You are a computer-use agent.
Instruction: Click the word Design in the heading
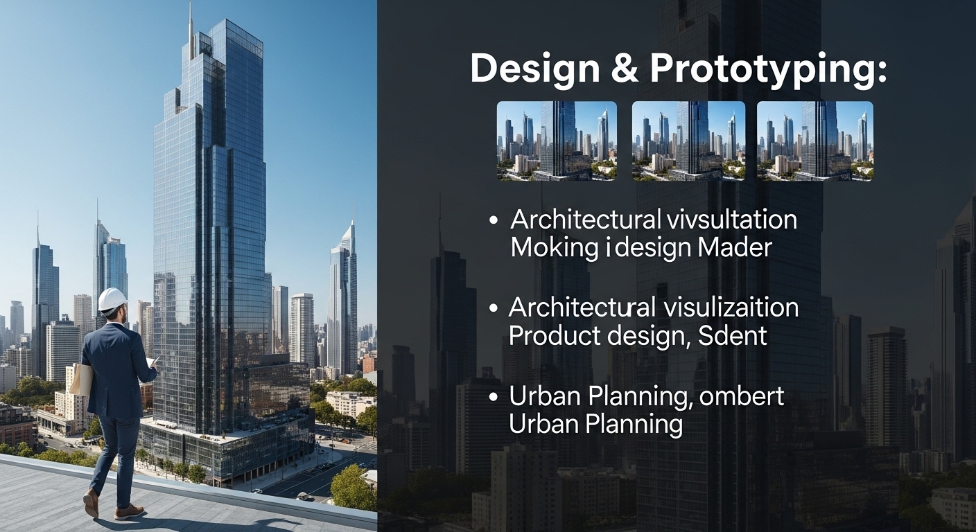[535, 70]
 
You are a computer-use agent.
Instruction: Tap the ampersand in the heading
[625, 69]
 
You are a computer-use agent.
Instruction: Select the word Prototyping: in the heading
[768, 71]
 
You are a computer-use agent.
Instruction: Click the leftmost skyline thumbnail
[557, 141]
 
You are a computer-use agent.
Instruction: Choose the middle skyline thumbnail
[688, 141]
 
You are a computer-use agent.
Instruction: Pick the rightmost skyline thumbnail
[814, 141]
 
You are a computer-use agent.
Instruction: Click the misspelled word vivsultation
[731, 220]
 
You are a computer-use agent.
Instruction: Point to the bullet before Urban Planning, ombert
[494, 397]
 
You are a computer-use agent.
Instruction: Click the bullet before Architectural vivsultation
[494, 220]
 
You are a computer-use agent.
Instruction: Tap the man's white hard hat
[112, 299]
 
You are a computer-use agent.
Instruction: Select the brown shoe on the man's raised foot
[90, 503]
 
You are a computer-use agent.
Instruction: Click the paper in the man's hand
[152, 362]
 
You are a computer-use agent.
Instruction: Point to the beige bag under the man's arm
[82, 380]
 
